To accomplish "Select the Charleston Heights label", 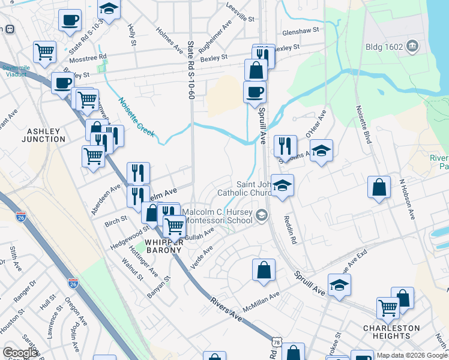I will pos(391,332).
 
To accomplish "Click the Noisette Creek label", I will pos(136,117).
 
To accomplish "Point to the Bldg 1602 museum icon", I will pos(412,46).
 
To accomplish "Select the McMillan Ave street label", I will pos(261,299).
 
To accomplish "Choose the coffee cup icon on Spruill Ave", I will pos(255,92).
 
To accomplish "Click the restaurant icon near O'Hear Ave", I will pos(285,146).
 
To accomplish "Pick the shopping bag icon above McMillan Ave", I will pos(264,271).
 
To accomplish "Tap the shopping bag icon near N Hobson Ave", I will pos(379,187).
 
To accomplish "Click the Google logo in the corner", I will pos(20,353).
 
